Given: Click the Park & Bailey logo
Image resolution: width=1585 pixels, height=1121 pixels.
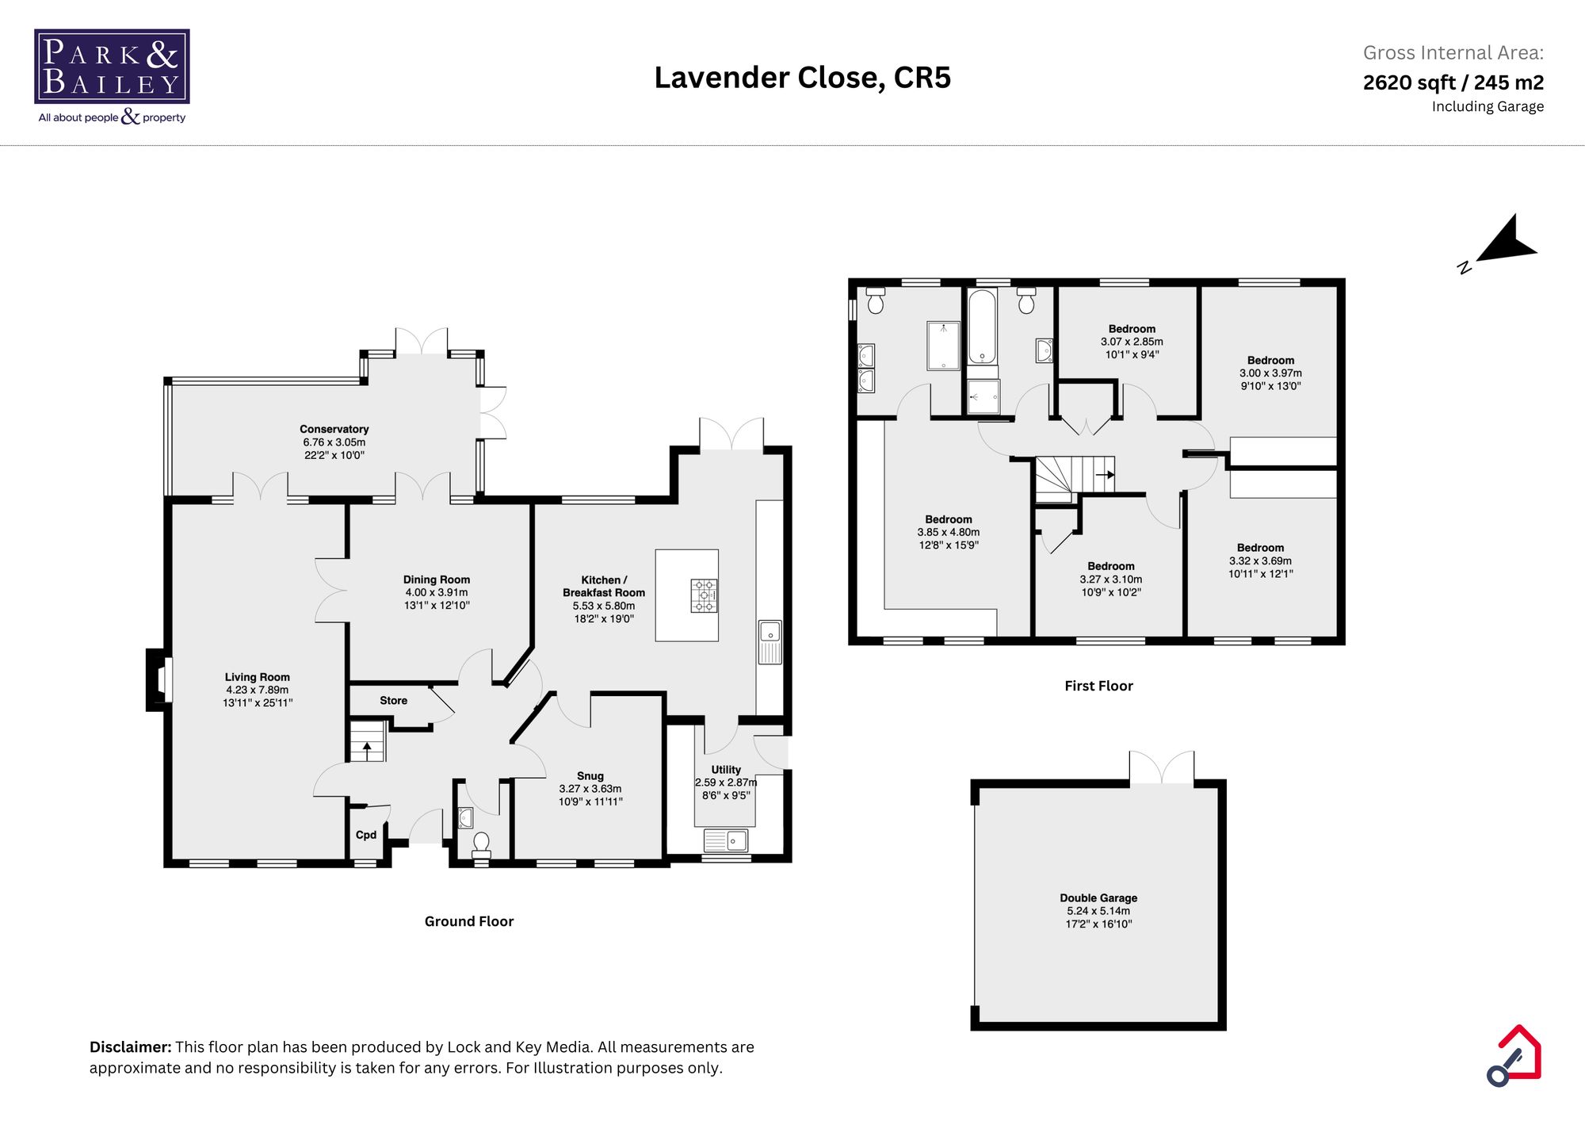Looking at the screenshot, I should tap(112, 67).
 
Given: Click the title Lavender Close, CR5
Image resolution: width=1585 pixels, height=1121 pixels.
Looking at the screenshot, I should tap(802, 78).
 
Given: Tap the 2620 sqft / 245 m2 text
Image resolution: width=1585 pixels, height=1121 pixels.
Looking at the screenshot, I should tap(1453, 82).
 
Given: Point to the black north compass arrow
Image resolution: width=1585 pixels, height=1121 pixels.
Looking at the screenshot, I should tap(1505, 242).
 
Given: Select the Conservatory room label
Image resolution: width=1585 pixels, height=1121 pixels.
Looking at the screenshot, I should tap(334, 429).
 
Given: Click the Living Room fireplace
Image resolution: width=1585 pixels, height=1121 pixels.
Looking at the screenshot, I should tap(159, 680).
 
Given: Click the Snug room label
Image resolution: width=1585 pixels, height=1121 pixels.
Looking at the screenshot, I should tap(590, 775).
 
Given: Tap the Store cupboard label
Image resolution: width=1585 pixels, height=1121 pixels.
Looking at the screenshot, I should tap(393, 700).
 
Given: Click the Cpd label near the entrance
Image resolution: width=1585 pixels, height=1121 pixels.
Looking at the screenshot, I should tap(365, 834).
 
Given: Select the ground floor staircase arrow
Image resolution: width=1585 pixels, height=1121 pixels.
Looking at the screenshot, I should tap(367, 748).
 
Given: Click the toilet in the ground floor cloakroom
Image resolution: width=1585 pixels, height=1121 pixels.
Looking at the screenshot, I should tap(481, 844).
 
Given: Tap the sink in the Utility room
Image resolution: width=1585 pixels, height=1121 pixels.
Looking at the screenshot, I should tap(726, 840).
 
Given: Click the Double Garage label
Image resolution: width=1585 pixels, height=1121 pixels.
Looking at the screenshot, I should tap(1098, 897).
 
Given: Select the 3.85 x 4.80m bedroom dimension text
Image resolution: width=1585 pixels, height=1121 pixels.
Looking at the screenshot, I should tap(948, 532).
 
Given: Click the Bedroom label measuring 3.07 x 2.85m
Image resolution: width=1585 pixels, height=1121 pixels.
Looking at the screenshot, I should tap(1132, 328).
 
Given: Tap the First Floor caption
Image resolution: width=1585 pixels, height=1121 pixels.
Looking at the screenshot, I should tap(1098, 686).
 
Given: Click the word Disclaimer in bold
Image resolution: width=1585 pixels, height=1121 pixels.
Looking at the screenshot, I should tap(130, 1046).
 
